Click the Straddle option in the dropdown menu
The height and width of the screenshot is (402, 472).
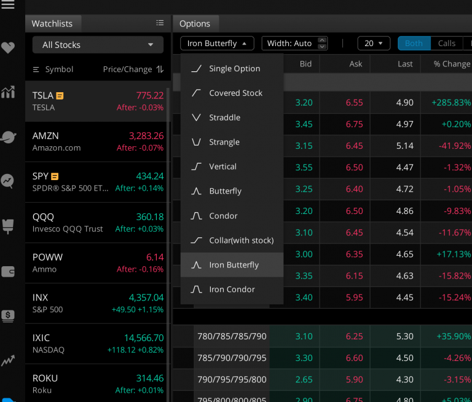tap(224, 117)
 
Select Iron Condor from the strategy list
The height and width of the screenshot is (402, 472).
tap(232, 290)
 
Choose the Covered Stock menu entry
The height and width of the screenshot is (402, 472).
tap(235, 93)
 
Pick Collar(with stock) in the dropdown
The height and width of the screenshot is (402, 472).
tap(241, 240)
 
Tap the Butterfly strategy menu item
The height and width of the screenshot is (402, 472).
tap(225, 191)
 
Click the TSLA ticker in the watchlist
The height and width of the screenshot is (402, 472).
tap(43, 95)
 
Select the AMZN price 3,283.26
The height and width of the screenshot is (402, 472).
tap(146, 136)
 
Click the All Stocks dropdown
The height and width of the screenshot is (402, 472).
tap(98, 45)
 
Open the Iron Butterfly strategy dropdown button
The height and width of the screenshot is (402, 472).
tap(217, 44)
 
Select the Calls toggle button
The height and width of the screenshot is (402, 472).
tap(446, 44)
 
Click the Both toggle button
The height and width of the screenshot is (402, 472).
tap(414, 44)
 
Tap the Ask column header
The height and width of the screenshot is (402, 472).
tap(355, 64)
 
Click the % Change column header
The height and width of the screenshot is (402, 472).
tap(451, 64)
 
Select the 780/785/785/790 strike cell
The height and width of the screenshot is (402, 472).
tap(232, 336)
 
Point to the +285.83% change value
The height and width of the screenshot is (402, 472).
tap(450, 103)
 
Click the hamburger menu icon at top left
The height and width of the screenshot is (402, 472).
tap(8, 6)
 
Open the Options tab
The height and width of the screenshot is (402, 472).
tap(195, 24)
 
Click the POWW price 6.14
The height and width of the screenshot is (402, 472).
tap(155, 257)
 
